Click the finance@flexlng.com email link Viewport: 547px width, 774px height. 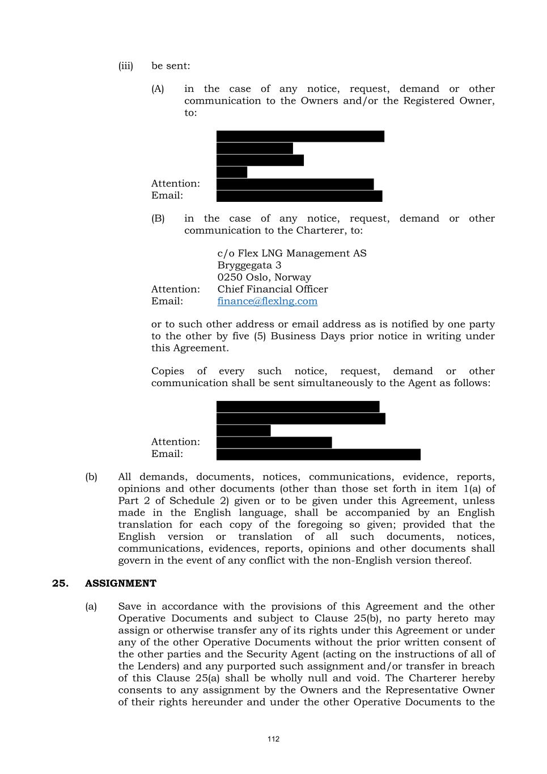pos(267,301)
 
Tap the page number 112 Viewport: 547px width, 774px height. pos(273,739)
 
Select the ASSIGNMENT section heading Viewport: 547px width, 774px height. pos(120,583)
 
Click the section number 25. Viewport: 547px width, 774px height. pos(60,583)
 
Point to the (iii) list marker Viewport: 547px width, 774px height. pos(125,66)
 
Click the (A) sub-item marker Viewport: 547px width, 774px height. pos(158,89)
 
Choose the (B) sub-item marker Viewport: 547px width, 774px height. pos(158,219)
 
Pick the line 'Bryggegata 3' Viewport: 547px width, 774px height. pos(249,265)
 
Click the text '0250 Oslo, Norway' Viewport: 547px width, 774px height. pos(264,277)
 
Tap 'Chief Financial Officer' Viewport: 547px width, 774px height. pos(272,289)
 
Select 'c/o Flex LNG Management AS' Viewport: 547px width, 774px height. pos(291,253)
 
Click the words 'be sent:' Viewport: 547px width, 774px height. pos(171,66)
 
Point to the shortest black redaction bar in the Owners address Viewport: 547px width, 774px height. pos(231,172)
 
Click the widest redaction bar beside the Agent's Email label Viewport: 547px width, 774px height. pos(318,454)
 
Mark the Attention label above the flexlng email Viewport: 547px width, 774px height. pos(175,289)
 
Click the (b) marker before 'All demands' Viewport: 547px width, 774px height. pos(91,477)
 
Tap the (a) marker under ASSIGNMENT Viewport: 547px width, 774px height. pos(91,607)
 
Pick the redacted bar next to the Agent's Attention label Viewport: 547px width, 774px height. pos(274,442)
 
